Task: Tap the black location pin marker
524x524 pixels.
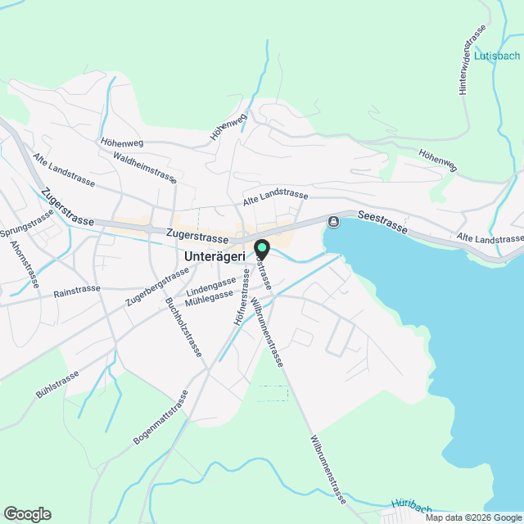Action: coord(262,248)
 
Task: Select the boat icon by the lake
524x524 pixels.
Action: coord(334,222)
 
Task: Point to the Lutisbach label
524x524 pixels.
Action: coord(496,56)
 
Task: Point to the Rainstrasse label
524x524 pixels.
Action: coord(76,290)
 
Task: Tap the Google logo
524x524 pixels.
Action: coord(26,514)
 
